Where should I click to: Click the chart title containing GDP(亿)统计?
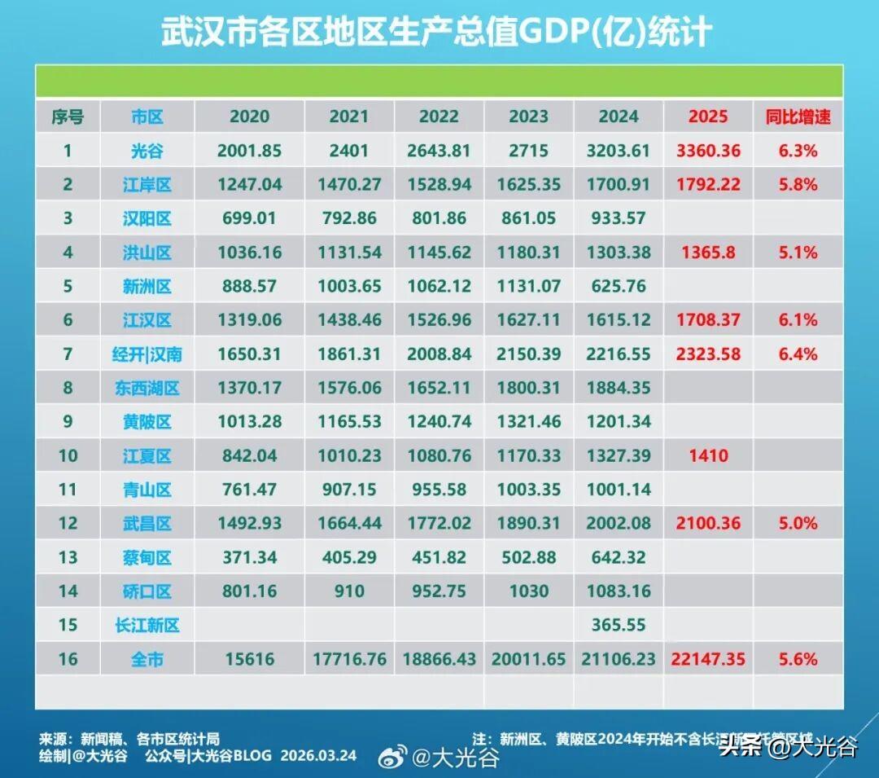pyautogui.click(x=436, y=33)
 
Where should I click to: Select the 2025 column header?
pyautogui.click(x=707, y=116)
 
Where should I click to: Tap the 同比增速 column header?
pyautogui.click(x=798, y=116)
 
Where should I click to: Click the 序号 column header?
pyautogui.click(x=68, y=116)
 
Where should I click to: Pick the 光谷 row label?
pyautogui.click(x=147, y=151)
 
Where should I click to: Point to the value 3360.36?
pyautogui.click(x=707, y=151)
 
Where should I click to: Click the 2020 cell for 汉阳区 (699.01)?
pyautogui.click(x=249, y=218)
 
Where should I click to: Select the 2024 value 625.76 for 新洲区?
pyautogui.click(x=618, y=286)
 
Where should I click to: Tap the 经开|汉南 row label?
pyautogui.click(x=147, y=354)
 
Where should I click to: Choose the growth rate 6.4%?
pyautogui.click(x=798, y=354)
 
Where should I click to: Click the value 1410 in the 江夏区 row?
pyautogui.click(x=707, y=455)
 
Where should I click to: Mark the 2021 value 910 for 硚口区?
pyautogui.click(x=348, y=591)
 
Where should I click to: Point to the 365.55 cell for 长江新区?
pyautogui.click(x=618, y=625)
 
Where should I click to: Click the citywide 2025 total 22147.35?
pyautogui.click(x=707, y=659)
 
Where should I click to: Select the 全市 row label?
pyautogui.click(x=147, y=659)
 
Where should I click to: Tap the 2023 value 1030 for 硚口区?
pyautogui.click(x=528, y=591)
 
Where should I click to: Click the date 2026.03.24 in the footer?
pyautogui.click(x=318, y=755)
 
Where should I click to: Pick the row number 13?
pyautogui.click(x=68, y=557)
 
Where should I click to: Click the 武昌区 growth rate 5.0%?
pyautogui.click(x=798, y=523)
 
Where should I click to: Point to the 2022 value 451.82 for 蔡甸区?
pyautogui.click(x=439, y=557)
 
